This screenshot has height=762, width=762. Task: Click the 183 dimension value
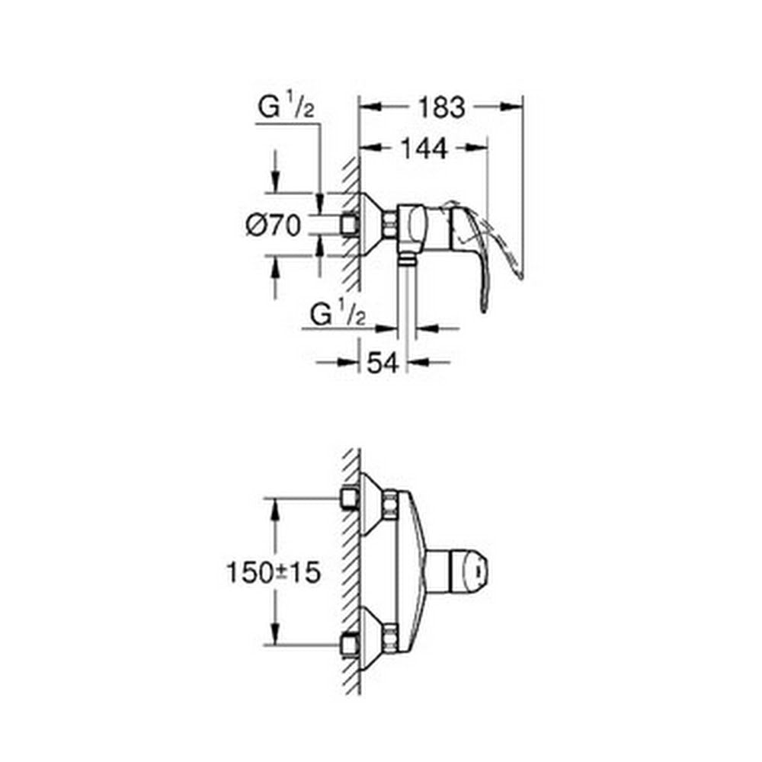[x=442, y=107]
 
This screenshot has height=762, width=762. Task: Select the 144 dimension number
[x=424, y=149]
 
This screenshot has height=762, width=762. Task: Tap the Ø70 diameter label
[x=274, y=226]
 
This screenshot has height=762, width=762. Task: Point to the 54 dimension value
[x=383, y=363]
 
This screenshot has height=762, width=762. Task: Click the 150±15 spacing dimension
[x=274, y=572]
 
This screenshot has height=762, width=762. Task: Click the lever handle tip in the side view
[x=484, y=307]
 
